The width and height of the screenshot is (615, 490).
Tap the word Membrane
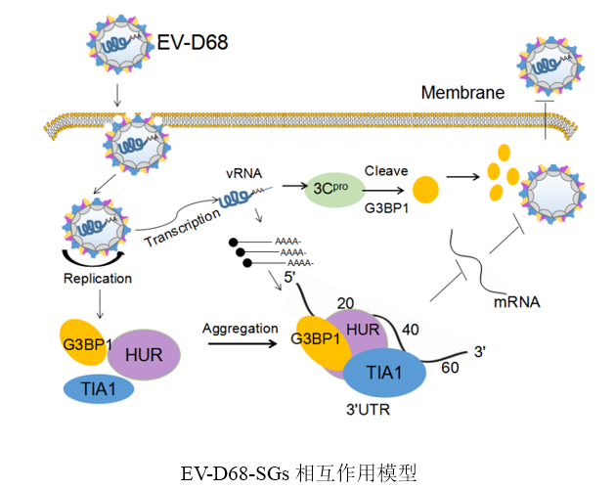462,93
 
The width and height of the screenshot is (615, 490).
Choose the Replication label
96,278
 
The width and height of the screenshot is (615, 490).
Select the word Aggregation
240,329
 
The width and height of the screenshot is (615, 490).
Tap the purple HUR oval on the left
143,355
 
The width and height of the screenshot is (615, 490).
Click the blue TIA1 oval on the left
99,389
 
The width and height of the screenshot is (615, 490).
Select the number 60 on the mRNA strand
451,368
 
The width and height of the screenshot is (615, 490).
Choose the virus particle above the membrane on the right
549,67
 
